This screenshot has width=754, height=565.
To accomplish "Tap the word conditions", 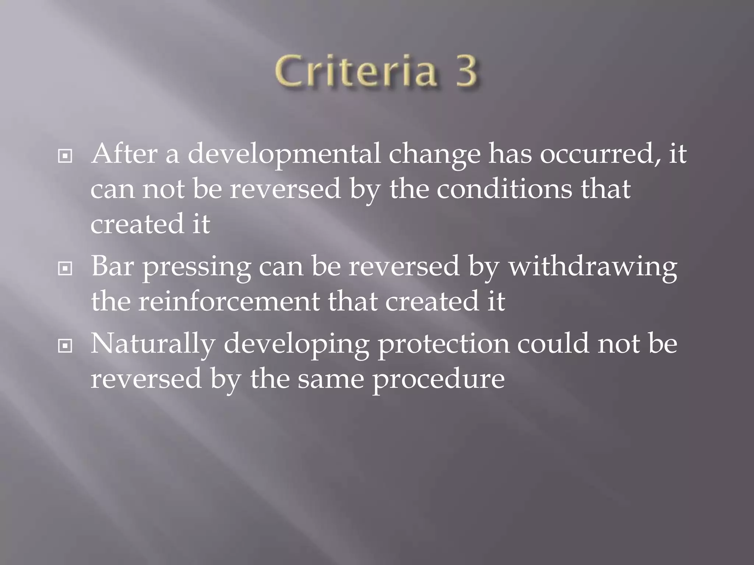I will pos(504,189).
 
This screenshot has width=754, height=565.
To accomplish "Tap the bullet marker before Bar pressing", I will pos(65,269).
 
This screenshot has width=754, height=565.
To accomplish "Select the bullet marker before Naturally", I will pos(65,346).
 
